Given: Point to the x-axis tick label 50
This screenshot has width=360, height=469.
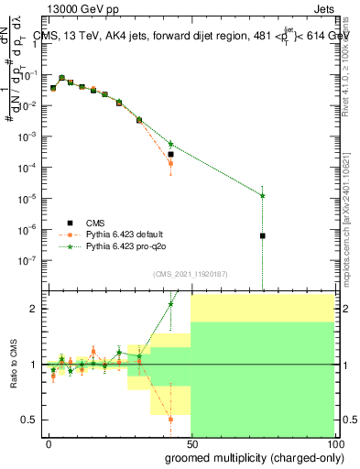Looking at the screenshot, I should pyautogui.click(x=191, y=442).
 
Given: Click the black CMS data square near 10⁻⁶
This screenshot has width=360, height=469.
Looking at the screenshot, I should pyautogui.click(x=262, y=235).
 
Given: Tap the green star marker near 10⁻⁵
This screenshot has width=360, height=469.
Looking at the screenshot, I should pyautogui.click(x=262, y=195).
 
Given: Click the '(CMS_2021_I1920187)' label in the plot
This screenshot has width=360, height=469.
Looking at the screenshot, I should pyautogui.click(x=191, y=274).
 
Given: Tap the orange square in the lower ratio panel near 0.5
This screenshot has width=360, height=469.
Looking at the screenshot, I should pyautogui.click(x=170, y=420).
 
